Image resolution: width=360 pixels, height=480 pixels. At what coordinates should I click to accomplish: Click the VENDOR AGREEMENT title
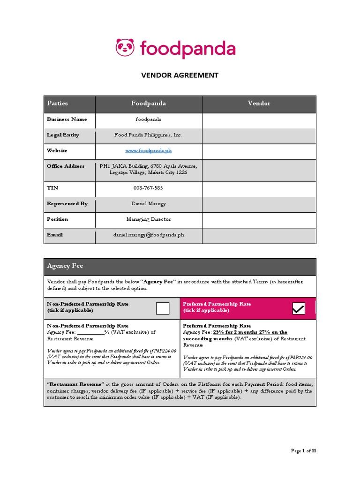180,75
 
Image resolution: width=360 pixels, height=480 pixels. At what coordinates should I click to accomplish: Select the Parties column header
57,103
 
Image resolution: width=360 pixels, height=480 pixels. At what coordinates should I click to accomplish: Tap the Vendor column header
259,103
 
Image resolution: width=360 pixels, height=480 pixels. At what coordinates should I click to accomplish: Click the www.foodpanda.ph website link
149,150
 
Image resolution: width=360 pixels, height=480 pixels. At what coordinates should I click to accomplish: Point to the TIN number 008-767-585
149,188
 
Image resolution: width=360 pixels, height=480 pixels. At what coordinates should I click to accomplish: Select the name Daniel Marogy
149,203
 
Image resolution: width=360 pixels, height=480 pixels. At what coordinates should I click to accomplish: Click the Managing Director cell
149,219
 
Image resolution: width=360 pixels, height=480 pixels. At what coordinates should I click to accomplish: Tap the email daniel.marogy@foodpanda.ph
149,234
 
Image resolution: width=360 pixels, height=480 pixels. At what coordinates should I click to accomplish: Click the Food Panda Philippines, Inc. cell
149,135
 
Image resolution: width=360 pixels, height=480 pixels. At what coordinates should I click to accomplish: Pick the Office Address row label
66,166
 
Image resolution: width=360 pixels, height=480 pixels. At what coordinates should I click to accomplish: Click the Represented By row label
67,203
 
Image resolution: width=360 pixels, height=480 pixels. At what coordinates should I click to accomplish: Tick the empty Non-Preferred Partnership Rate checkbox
163,308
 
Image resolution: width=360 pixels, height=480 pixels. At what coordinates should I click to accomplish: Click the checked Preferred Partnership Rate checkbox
298,308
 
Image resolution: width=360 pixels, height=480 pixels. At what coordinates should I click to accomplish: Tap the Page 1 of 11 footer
303,451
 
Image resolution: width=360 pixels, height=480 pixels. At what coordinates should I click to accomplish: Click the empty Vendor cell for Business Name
259,120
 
